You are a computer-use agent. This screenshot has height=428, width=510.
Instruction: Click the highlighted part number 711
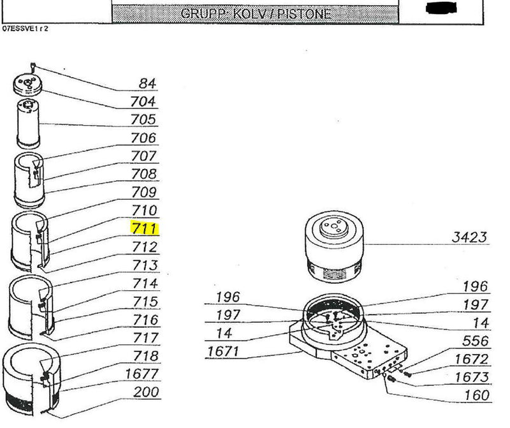(145, 228)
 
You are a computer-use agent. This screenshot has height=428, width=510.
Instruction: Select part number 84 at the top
(148, 84)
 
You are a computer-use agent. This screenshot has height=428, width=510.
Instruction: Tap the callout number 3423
(469, 237)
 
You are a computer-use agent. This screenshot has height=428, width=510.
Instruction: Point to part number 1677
(142, 374)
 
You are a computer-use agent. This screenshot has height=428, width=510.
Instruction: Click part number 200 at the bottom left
(146, 392)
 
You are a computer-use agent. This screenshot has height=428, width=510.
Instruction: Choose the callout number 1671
(222, 351)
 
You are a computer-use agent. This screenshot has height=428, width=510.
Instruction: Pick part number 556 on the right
(475, 341)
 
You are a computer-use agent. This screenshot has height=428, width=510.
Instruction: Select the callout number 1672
(472, 359)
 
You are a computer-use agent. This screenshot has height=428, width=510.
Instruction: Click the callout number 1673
(472, 377)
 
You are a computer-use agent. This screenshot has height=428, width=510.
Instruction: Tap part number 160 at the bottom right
(477, 395)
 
